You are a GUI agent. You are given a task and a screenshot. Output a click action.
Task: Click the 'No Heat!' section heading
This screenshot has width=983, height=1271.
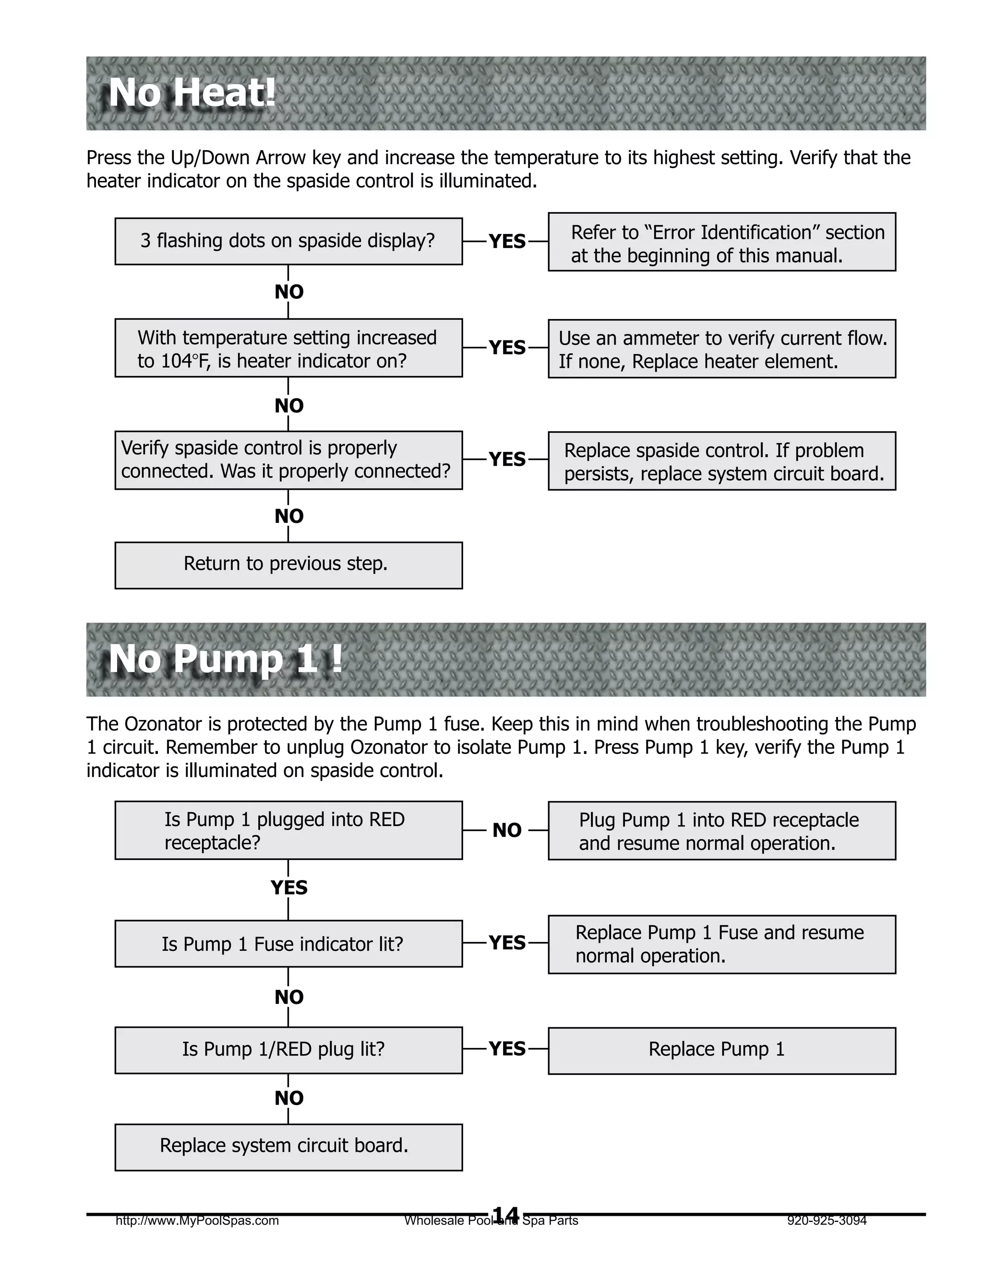pos(192,93)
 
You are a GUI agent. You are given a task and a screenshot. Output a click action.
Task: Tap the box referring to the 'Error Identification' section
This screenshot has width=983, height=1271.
pos(721,242)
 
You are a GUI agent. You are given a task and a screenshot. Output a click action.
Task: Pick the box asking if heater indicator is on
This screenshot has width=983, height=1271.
pos(288,348)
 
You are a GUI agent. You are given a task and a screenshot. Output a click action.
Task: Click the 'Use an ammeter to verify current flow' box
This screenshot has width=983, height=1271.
pos(721,349)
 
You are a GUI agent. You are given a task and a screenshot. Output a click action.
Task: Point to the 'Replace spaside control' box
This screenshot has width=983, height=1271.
pos(721,461)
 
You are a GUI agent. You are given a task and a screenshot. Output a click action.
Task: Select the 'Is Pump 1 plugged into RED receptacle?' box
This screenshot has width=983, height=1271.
pos(288,830)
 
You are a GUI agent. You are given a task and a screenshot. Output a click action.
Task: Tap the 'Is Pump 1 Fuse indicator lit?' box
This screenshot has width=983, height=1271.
pos(288,943)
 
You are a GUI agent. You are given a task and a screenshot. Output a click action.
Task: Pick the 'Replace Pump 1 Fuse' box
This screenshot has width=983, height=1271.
pos(721,943)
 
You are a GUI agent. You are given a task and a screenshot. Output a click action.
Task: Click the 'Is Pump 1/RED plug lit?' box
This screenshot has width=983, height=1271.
pos(288,1050)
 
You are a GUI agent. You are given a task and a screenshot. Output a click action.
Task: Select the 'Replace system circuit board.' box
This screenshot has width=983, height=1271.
pos(288,1146)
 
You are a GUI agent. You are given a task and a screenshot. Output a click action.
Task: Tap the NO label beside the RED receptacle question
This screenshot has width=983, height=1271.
pos(507,830)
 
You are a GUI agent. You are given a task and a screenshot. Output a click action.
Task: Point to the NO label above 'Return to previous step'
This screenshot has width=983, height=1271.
pos(289,516)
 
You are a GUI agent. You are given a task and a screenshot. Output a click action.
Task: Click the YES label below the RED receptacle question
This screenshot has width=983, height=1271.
pos(289,887)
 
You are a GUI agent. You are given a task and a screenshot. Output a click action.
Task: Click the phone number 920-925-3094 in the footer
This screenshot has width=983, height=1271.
pos(827,1220)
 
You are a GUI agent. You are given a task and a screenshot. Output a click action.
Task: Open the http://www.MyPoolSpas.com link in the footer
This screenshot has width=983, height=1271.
pos(197,1220)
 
